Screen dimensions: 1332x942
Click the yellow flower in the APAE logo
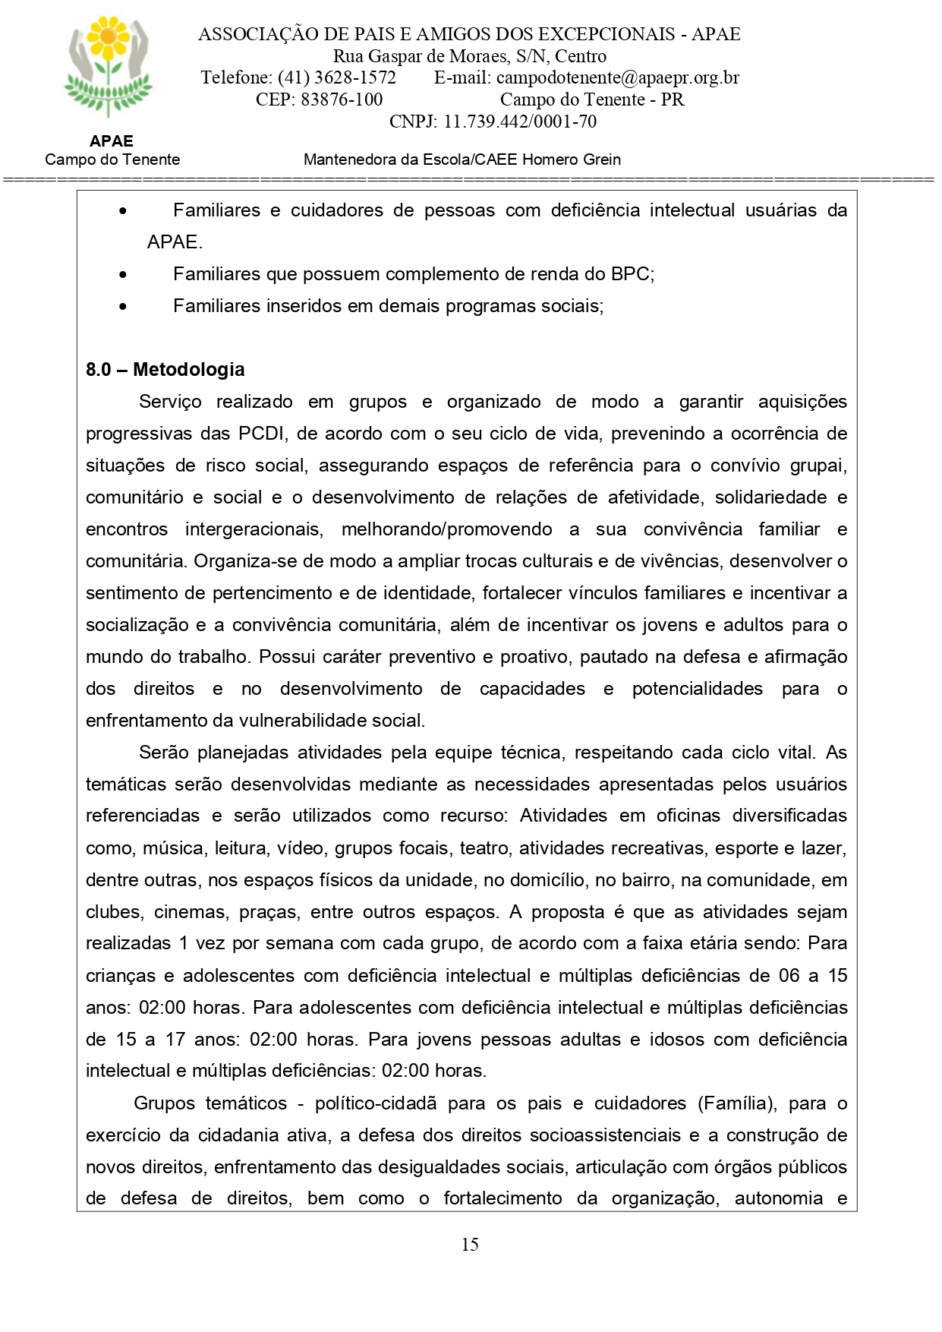109,36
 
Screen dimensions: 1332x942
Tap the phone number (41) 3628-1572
336,77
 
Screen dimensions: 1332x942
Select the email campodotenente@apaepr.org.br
617,77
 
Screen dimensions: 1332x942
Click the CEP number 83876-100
342,99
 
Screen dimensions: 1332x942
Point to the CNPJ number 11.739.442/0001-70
520,122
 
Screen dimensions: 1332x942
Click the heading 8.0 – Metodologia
165,370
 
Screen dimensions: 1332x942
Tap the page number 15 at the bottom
470,1244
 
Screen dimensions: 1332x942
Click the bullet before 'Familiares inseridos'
123,307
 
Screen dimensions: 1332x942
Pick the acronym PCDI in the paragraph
262,434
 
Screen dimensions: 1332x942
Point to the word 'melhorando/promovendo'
446,529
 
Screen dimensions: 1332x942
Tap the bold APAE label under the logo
111,141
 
